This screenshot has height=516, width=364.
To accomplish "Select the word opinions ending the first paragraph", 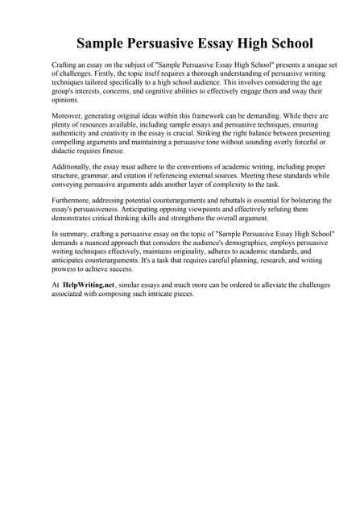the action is pyautogui.click(x=66, y=101).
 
